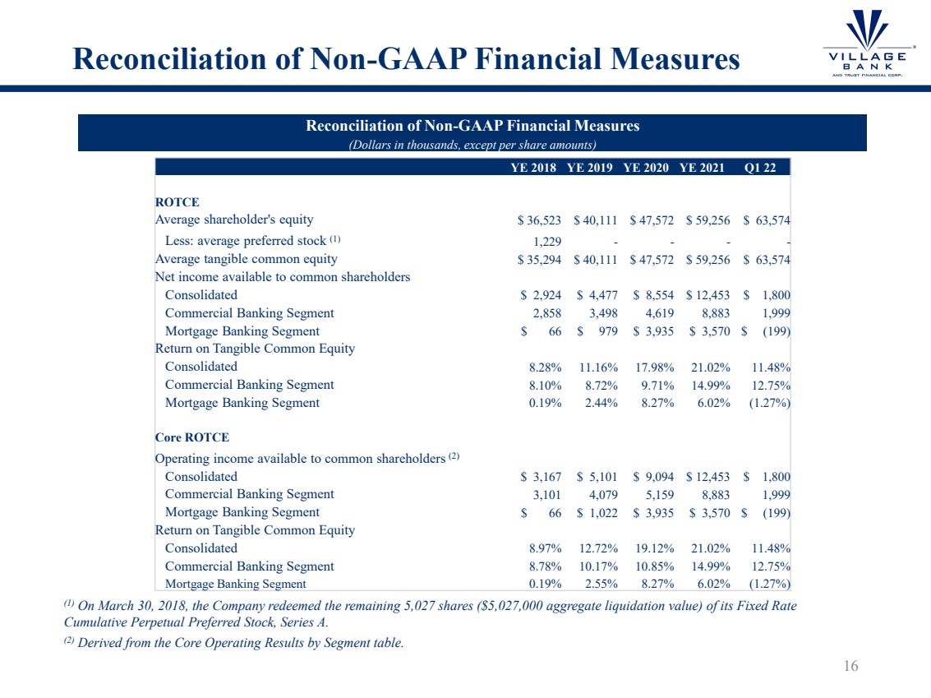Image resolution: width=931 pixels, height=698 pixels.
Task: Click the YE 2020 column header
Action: click(x=647, y=167)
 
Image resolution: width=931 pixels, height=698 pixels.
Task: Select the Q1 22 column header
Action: click(x=766, y=167)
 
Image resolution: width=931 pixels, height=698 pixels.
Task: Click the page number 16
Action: click(x=850, y=666)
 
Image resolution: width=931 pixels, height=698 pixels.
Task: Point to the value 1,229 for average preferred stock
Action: click(x=545, y=240)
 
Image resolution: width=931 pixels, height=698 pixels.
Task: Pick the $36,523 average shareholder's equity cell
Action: click(x=539, y=220)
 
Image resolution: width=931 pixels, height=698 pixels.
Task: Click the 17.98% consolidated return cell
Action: click(x=654, y=367)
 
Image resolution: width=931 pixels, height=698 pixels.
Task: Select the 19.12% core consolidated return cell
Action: click(x=654, y=549)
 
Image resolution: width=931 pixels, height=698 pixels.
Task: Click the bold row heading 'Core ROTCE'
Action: click(x=192, y=438)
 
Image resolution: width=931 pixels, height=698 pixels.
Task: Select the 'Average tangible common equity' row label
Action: click(x=247, y=259)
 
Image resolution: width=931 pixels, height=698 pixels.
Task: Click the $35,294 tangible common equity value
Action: click(x=539, y=260)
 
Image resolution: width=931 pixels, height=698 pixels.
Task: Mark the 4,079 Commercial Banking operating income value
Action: click(x=601, y=495)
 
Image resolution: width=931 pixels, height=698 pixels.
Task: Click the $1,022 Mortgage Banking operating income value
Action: click(x=597, y=513)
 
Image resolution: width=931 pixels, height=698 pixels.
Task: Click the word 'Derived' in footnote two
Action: click(x=100, y=643)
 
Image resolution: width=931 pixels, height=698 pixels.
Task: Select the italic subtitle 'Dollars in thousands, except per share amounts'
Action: click(x=472, y=145)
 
